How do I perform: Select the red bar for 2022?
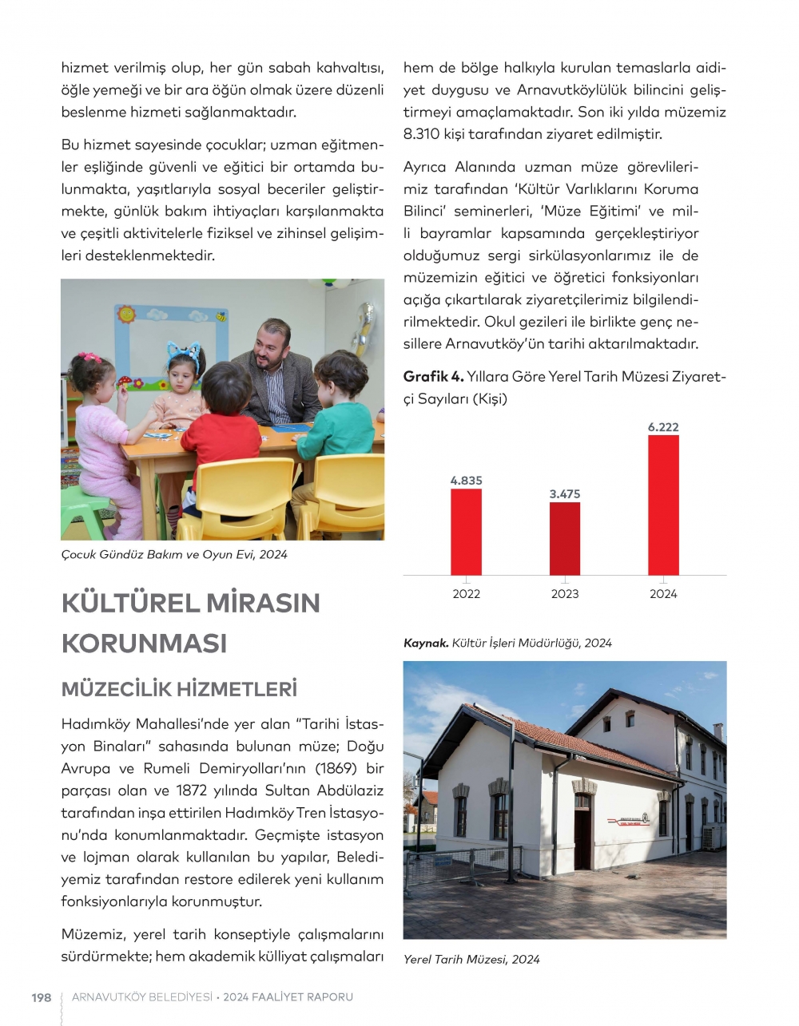click(x=466, y=532)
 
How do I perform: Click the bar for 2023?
click(x=565, y=539)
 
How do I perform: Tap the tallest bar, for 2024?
click(x=663, y=505)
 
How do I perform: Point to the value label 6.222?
click(x=663, y=427)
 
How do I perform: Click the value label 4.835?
click(x=466, y=481)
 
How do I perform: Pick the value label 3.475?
click(x=565, y=494)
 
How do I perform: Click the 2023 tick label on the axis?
click(x=565, y=594)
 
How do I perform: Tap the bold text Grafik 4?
click(x=433, y=376)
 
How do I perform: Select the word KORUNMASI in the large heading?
click(x=145, y=644)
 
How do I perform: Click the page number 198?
click(x=41, y=997)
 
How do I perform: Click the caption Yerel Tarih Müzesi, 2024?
click(x=471, y=960)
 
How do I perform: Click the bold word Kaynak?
click(x=426, y=644)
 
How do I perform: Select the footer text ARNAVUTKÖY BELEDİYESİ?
click(x=142, y=997)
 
